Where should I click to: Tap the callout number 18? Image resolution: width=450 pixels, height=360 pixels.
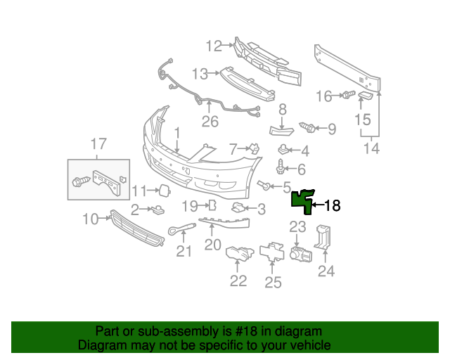click(x=332, y=206)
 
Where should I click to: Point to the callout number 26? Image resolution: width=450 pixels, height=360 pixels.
click(x=210, y=121)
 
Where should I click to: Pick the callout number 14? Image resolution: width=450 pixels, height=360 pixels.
click(x=371, y=148)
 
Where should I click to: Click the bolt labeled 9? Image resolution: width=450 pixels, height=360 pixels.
click(x=307, y=128)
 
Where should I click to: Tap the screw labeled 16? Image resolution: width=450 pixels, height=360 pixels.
click(x=347, y=95)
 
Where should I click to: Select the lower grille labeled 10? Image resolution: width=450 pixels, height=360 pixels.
click(x=137, y=229)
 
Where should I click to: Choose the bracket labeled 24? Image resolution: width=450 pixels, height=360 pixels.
click(x=323, y=238)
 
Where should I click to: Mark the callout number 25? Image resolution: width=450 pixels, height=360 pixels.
click(x=273, y=282)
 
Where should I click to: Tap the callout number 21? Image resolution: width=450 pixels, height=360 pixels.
click(x=184, y=251)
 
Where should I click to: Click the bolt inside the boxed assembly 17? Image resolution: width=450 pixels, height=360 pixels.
click(x=79, y=181)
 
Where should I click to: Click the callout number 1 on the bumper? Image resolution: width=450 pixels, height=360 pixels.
click(x=177, y=133)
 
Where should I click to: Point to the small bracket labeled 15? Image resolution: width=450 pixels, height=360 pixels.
click(x=366, y=96)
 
